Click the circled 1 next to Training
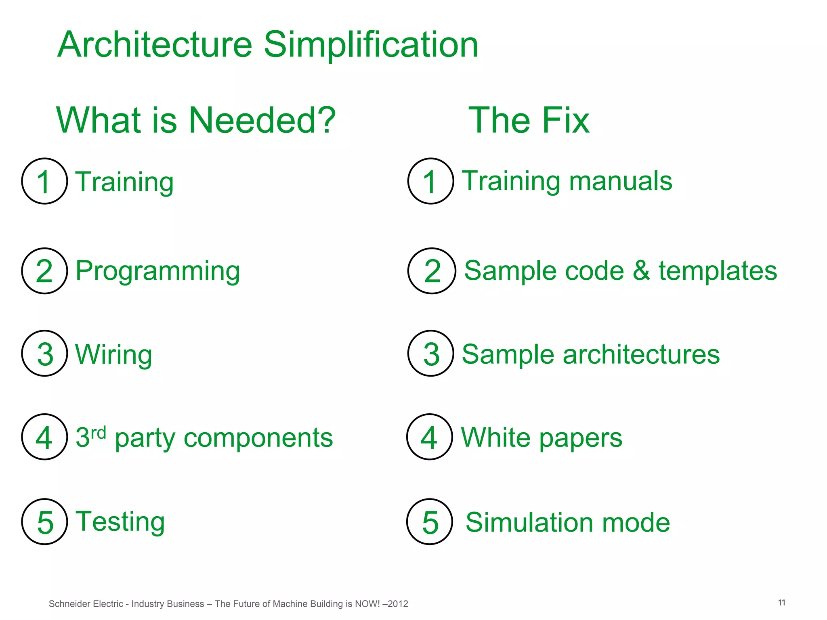[x=44, y=181]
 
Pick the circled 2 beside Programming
[x=44, y=271]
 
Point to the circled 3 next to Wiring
[x=44, y=354]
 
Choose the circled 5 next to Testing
[x=44, y=522]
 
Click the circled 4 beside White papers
[x=430, y=437]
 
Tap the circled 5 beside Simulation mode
[x=430, y=522]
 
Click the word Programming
[x=157, y=271]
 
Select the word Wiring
[x=114, y=354]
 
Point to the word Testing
[x=120, y=522]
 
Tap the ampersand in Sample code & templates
[x=641, y=270]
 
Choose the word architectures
[x=641, y=354]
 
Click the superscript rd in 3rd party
[x=98, y=432]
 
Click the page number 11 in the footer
[x=782, y=603]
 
